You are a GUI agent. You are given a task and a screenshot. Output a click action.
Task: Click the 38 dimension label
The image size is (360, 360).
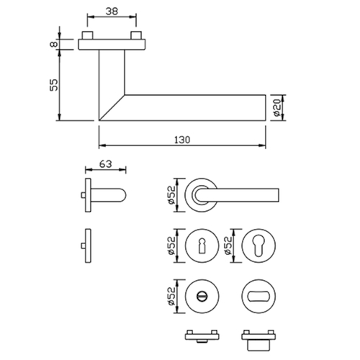(x=112, y=12)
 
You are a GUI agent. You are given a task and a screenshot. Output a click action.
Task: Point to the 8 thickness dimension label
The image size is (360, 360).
(x=54, y=44)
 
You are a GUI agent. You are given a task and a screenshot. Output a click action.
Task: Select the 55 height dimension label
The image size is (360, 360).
(x=54, y=85)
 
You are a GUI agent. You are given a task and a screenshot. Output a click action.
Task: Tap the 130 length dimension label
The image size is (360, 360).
(x=182, y=140)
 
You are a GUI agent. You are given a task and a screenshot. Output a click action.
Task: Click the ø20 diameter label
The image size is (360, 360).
(x=277, y=108)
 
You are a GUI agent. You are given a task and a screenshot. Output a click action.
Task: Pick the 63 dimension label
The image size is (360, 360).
(x=106, y=164)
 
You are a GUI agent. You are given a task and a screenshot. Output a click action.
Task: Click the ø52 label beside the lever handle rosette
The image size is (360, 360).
(x=171, y=195)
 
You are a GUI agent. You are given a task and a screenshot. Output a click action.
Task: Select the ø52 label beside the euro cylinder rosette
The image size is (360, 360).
(x=228, y=246)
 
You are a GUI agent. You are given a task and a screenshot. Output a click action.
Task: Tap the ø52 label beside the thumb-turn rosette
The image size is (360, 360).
(x=171, y=296)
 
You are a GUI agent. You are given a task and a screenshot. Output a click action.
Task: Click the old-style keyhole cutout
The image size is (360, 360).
(x=202, y=246)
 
